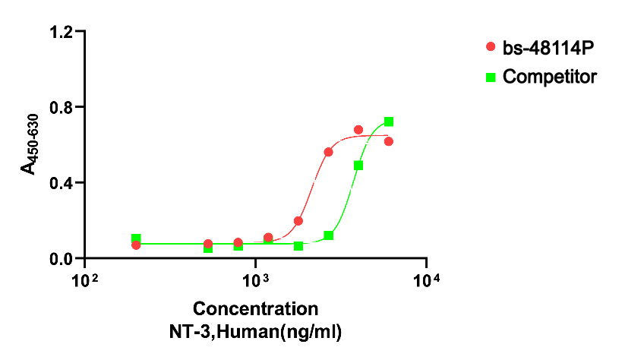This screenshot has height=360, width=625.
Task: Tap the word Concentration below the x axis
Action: click(255, 309)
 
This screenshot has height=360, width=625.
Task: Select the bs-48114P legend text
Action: click(548, 48)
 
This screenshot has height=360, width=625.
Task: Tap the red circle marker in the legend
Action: click(491, 48)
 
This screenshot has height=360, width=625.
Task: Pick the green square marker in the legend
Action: click(491, 77)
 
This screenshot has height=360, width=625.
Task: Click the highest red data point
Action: click(358, 130)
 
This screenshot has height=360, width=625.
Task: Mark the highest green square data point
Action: click(389, 122)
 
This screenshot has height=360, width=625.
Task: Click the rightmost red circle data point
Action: click(389, 141)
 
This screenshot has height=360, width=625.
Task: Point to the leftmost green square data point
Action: click(136, 238)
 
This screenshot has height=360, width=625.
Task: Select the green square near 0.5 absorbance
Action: click(358, 165)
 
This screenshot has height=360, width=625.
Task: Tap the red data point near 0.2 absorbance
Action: click(298, 221)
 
